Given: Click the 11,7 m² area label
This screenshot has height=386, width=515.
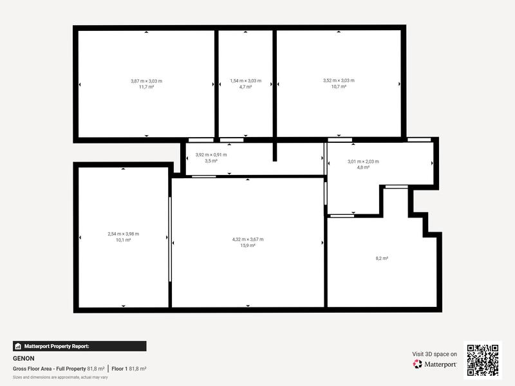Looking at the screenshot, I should click(146, 86).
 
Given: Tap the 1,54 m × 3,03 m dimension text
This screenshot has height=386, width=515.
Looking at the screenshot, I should click(245, 80).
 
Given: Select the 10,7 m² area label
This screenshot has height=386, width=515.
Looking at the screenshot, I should click(339, 86).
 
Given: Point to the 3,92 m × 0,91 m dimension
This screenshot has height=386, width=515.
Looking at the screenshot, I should click(211, 155).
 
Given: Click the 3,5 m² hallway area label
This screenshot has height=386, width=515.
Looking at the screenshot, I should click(211, 161).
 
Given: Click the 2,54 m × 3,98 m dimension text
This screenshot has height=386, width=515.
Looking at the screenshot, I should click(123, 234).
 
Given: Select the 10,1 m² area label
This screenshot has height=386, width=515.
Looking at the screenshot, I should click(123, 240).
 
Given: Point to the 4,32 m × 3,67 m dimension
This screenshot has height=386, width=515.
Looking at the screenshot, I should click(248, 239).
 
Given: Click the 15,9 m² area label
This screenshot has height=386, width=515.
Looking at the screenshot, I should click(248, 245).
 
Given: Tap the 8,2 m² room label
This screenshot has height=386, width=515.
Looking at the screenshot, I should click(382, 258).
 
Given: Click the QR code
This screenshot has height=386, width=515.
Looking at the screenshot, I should click(483, 360).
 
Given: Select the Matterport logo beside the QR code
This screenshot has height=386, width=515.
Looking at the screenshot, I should click(435, 364).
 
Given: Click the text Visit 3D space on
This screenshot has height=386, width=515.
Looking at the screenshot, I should click(435, 354).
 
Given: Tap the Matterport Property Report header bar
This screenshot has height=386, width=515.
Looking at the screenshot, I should click(79, 346).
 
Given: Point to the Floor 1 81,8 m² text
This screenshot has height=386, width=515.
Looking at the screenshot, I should click(129, 369).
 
